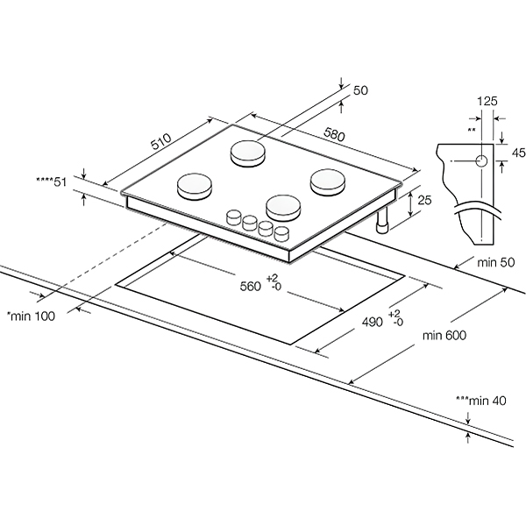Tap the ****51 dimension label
[52, 181]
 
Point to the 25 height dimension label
[425, 201]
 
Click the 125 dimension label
[487, 101]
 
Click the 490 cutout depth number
[372, 322]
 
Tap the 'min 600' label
[443, 335]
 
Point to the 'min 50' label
[494, 261]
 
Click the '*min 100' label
[31, 316]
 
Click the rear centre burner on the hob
[248, 153]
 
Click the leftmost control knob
[235, 216]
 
